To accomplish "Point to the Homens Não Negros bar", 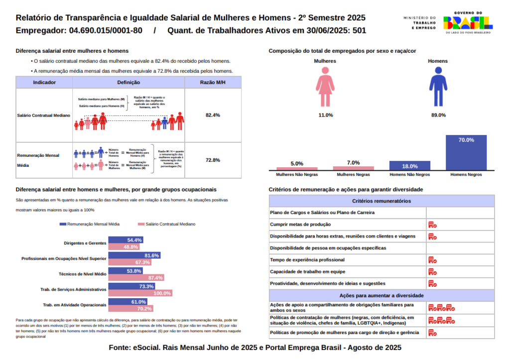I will tap(409, 166).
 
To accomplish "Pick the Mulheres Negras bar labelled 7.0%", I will tap(353, 168).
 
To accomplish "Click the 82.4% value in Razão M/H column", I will tap(213, 115).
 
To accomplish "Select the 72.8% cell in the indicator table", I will tap(213, 160).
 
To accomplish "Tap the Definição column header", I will tap(128, 83).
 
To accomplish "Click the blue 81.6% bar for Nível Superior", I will tap(134, 255).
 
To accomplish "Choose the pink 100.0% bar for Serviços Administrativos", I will tap(140, 293).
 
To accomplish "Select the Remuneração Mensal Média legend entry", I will tap(89, 225).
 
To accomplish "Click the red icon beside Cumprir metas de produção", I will tap(432, 225).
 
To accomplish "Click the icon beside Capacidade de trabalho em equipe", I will tap(432, 272).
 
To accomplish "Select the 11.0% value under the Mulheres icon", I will tap(325, 115).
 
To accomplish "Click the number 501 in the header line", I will tap(359, 30).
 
